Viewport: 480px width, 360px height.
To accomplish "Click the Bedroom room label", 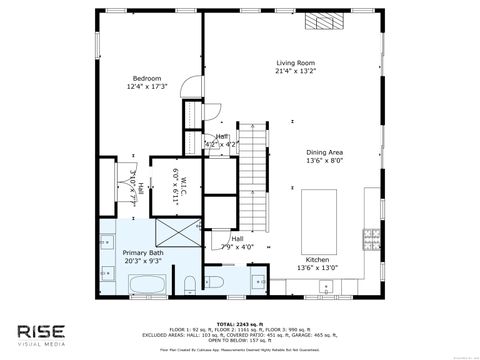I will [x=147, y=78].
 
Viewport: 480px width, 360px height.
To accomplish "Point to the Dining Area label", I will [x=325, y=152].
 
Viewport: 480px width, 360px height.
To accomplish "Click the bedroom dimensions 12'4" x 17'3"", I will [x=147, y=87].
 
